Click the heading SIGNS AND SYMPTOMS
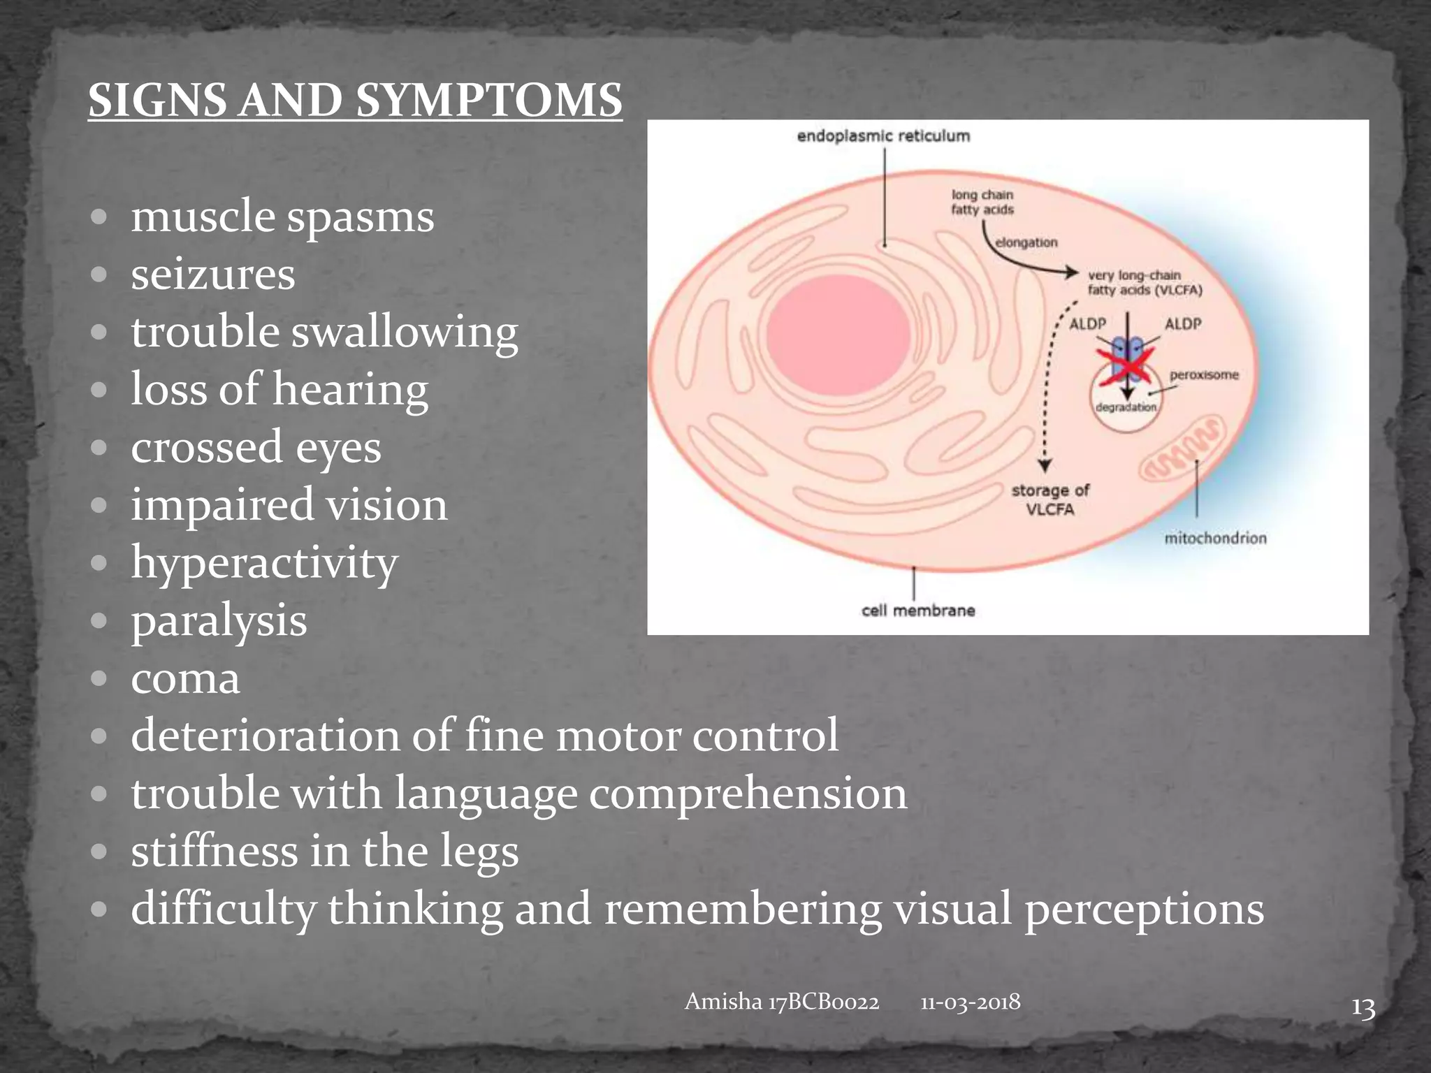(x=355, y=100)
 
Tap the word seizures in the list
(x=213, y=274)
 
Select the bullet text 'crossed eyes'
(x=256, y=447)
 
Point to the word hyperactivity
(x=264, y=562)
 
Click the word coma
(x=185, y=678)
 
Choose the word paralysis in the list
(x=219, y=620)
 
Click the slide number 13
(x=1363, y=1009)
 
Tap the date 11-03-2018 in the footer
(x=970, y=1002)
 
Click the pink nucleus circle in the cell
(x=838, y=336)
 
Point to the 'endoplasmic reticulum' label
(x=883, y=136)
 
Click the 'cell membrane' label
(x=917, y=611)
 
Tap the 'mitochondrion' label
(x=1215, y=538)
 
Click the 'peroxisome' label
(x=1204, y=375)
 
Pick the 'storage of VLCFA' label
(x=1050, y=499)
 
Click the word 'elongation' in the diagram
(x=1026, y=242)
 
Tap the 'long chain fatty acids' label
(x=982, y=202)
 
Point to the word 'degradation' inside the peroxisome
(x=1126, y=407)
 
